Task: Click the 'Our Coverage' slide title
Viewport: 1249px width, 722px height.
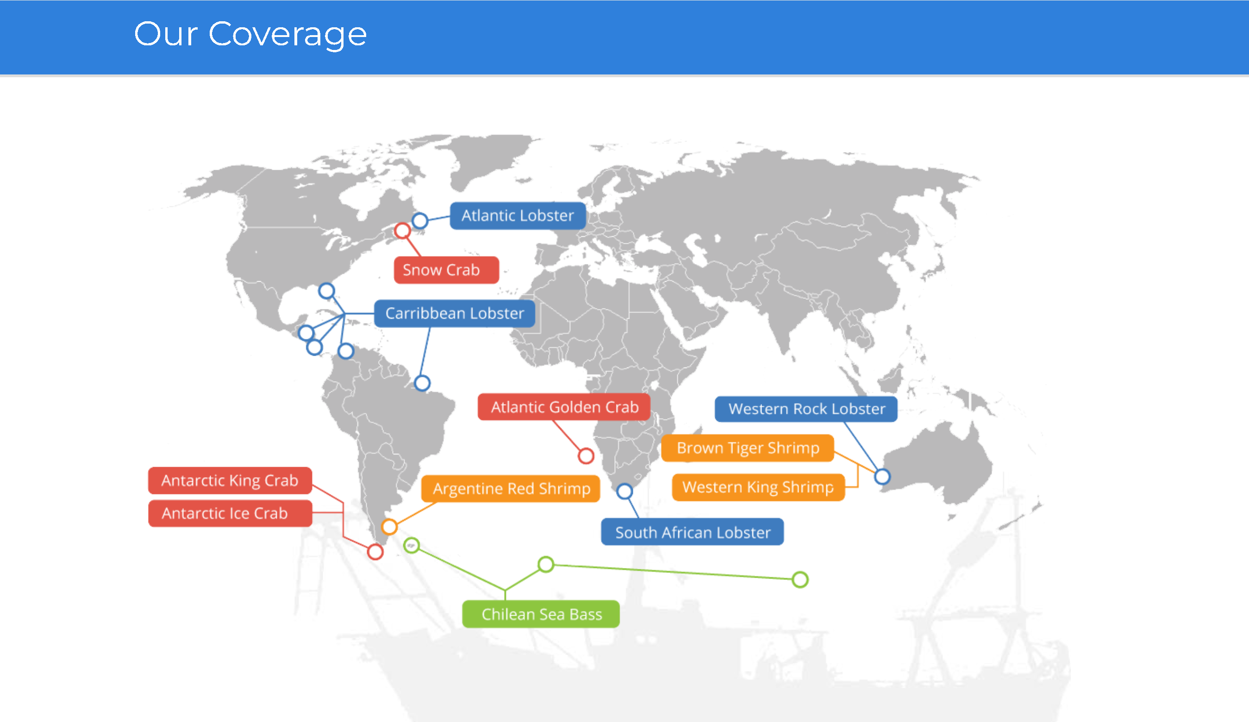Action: point(250,35)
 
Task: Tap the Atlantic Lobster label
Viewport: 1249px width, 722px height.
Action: point(518,216)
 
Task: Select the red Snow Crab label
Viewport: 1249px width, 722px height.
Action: point(446,270)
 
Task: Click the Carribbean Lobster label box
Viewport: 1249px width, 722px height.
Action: point(455,313)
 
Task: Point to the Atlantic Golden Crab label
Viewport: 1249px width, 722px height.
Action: point(564,407)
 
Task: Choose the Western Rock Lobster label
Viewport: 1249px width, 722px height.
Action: point(806,408)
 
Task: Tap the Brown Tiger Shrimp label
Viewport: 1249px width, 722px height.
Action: point(748,448)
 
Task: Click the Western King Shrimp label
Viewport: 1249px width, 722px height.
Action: point(758,488)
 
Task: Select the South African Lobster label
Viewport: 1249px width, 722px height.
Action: point(693,532)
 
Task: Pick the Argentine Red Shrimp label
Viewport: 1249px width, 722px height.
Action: point(511,489)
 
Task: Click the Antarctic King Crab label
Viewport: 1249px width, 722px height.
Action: point(230,481)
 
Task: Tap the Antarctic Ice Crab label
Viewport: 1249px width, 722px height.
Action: point(230,513)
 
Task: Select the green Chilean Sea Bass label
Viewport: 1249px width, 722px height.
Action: point(541,614)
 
